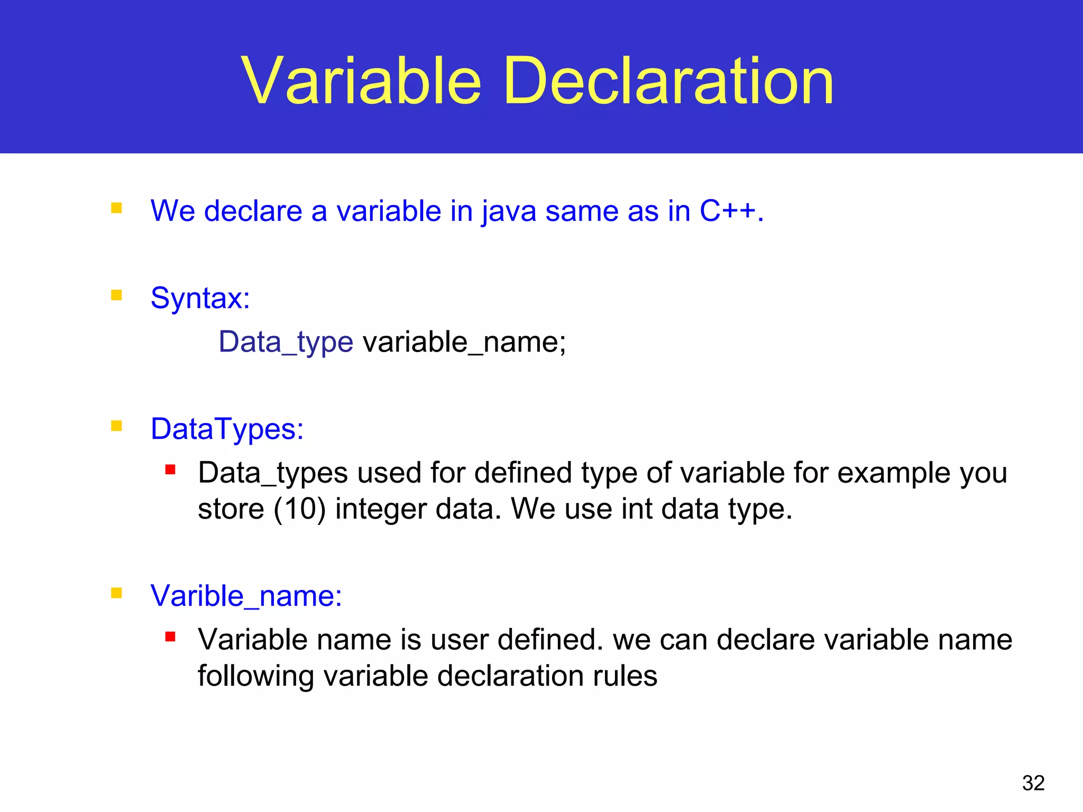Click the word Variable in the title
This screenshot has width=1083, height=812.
[x=361, y=82]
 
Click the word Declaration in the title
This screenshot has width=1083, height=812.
[x=668, y=82]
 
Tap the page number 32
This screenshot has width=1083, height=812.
[x=1033, y=783]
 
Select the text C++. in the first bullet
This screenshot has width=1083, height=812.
[x=732, y=211]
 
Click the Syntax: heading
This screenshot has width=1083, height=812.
[x=200, y=299]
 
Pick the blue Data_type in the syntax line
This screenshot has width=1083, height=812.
[x=286, y=343]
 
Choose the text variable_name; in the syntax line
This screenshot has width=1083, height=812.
[x=464, y=343]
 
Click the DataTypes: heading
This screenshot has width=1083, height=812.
[x=227, y=429]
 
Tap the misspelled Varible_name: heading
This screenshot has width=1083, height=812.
[x=246, y=596]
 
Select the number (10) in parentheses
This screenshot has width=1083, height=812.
[x=299, y=510]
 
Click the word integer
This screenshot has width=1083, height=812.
[x=381, y=510]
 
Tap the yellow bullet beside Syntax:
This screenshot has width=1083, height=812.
[x=116, y=295]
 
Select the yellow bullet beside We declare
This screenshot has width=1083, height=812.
[x=116, y=208]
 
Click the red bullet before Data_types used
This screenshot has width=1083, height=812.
[x=170, y=469]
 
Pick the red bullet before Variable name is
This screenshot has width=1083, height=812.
[x=170, y=636]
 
